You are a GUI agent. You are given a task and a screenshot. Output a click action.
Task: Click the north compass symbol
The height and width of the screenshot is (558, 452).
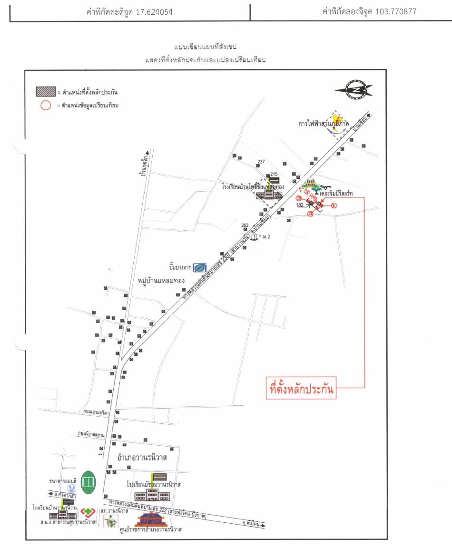point(354,89)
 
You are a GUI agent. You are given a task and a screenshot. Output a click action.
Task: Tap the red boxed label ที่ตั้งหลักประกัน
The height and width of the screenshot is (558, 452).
point(300,389)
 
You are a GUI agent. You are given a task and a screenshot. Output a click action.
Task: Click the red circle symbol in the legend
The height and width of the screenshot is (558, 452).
point(45,106)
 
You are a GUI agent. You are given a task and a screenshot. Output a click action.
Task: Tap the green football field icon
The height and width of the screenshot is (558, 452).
point(88,482)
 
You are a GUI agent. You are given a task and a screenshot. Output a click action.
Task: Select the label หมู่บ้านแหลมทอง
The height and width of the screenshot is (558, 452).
point(161,280)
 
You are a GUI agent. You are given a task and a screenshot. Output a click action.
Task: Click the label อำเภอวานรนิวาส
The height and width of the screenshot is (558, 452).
point(148,458)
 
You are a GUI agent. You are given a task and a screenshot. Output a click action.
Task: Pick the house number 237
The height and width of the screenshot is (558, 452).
point(261,162)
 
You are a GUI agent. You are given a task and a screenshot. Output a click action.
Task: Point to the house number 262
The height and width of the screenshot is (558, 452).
point(245,225)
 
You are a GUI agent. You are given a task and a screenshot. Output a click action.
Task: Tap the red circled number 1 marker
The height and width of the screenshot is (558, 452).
point(334,206)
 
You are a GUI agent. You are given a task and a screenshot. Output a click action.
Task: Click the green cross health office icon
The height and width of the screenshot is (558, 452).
point(87,512)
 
